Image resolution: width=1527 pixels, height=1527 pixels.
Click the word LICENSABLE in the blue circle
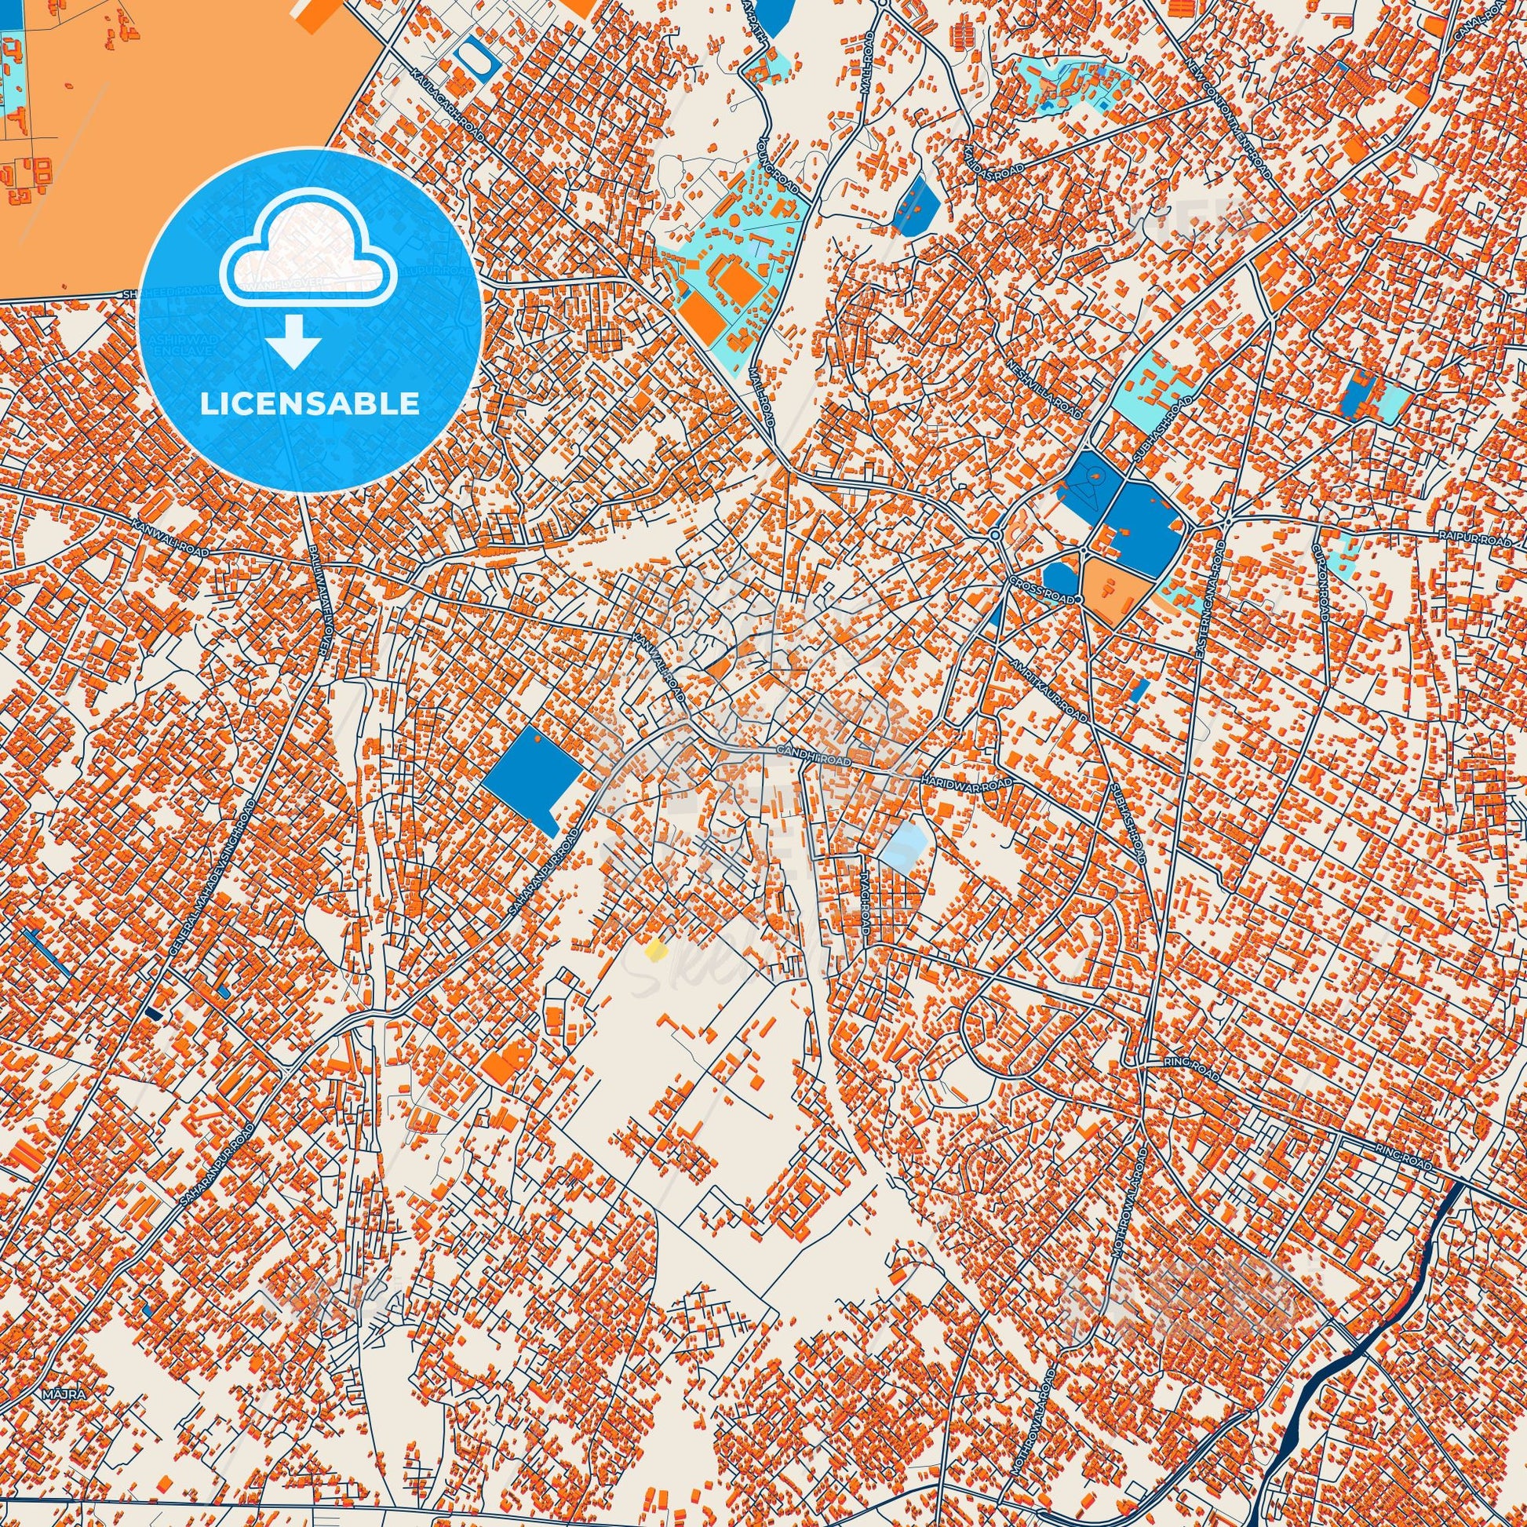[309, 404]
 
